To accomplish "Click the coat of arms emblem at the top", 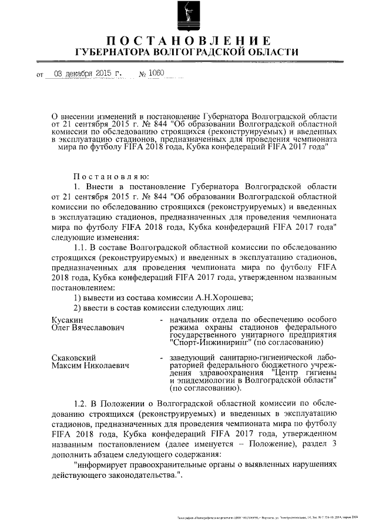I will [x=188, y=16].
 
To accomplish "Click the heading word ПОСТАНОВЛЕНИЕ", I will [x=188, y=41].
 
